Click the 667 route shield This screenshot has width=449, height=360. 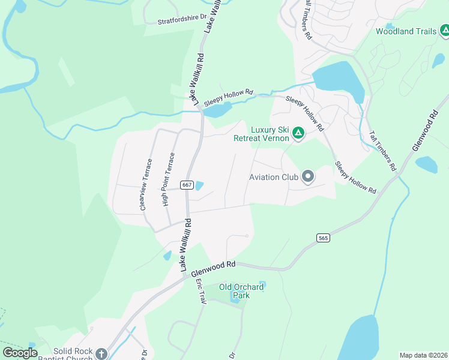pos(187,185)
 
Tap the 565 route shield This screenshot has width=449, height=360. pos(324,238)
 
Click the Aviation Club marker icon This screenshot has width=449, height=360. pos(309,176)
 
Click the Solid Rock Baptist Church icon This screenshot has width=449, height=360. pos(101,354)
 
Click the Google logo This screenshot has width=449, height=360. pos(20,353)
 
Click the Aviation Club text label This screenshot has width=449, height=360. pos(274,177)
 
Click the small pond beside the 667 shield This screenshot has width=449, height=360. pos(199,186)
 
